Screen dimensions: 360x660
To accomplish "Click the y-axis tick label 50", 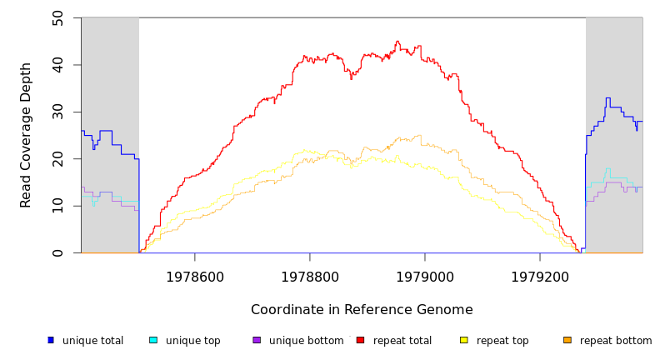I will tap(57, 17).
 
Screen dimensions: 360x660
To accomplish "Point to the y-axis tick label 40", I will tap(57, 65).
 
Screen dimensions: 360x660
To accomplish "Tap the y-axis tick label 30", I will tap(57, 112).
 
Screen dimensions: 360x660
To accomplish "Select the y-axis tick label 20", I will tap(57, 159).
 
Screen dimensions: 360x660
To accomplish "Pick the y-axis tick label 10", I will tap(57, 206).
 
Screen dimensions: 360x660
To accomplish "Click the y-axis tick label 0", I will tap(57, 253).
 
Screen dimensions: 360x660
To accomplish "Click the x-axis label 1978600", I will tap(194, 277).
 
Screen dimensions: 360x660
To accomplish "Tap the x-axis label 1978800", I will tap(309, 277).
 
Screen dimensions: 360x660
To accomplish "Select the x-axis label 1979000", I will tap(424, 277).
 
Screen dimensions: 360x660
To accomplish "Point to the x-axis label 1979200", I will tap(539, 277).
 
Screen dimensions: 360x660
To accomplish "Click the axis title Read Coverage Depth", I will tap(26, 135).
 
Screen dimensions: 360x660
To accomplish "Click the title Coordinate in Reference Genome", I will tap(362, 310).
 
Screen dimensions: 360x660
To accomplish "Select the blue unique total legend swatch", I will tap(51, 340).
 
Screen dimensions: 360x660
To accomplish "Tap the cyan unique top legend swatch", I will tap(153, 340).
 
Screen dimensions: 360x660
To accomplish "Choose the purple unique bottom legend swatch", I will tap(257, 340).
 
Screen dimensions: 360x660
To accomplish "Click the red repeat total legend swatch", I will tap(360, 340).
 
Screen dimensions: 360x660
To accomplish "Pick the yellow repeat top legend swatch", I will tap(464, 340).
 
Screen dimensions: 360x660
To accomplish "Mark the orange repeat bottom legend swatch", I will tap(567, 340).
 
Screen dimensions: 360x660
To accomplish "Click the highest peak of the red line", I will tap(397, 41).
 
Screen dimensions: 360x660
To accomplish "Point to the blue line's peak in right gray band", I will tap(607, 98).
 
